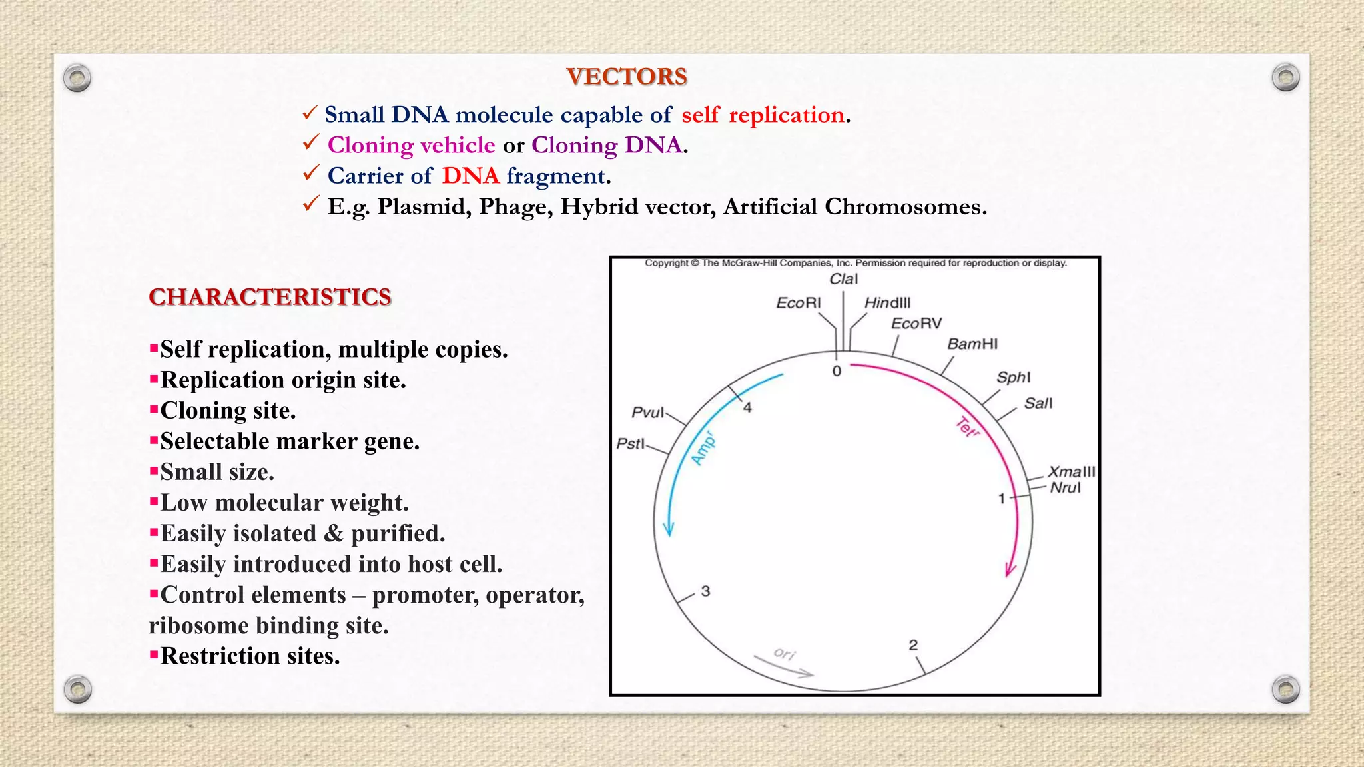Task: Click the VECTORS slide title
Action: tap(627, 77)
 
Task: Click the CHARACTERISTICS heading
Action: tap(270, 297)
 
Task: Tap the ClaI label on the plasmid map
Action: tap(843, 279)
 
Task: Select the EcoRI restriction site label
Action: tap(798, 303)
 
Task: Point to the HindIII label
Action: tap(887, 303)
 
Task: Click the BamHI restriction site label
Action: tap(972, 344)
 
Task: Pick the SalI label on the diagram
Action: tap(1038, 403)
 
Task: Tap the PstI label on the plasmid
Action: tap(630, 443)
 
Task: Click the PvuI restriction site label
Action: tap(647, 413)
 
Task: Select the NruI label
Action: tap(1065, 488)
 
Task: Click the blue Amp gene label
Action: tap(703, 449)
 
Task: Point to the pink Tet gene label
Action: tap(967, 427)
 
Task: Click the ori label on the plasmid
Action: tap(785, 654)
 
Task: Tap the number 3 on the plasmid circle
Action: tap(705, 591)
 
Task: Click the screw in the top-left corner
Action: tap(77, 79)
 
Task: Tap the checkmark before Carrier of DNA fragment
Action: tap(311, 174)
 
